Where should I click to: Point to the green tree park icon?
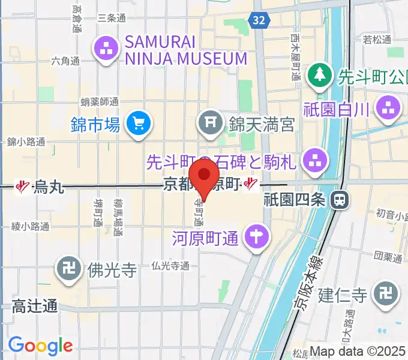point(319,76)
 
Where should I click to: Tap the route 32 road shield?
point(258,20)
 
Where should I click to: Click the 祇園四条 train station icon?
point(340,199)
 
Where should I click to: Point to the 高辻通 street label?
point(35,307)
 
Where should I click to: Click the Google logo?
point(40,345)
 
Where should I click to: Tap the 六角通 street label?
point(65,61)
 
